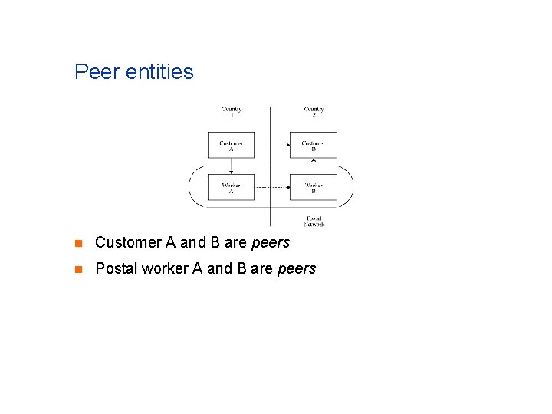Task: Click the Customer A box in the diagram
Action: tap(231, 145)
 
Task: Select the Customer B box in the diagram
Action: tap(313, 145)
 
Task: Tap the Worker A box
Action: tap(231, 187)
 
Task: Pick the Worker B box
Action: tap(313, 187)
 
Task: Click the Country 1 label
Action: tap(232, 112)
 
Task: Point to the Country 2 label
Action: tap(314, 112)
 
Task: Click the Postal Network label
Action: tap(314, 221)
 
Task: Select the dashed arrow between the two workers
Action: tap(271, 188)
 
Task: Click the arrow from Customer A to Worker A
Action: tap(231, 166)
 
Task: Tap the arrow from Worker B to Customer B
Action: tap(314, 166)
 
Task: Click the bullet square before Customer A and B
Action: tap(77, 244)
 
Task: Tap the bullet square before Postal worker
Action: tap(77, 269)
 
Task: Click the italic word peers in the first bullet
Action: tap(270, 243)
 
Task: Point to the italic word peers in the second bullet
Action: tap(296, 269)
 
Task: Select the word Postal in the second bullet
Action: tap(114, 269)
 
